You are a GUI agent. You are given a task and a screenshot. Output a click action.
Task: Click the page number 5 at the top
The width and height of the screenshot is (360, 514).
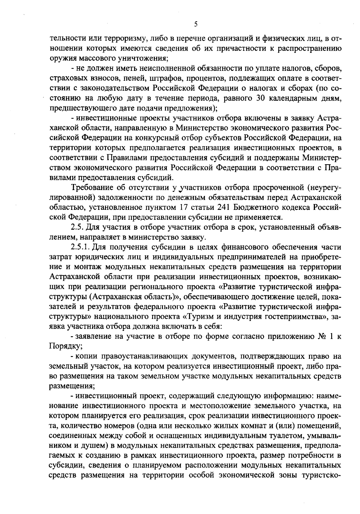coord(195,24)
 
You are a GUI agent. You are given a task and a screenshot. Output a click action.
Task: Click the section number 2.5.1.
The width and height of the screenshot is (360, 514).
coord(81,247)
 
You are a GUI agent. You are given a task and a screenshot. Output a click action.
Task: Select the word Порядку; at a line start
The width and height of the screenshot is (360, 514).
coord(62,346)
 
